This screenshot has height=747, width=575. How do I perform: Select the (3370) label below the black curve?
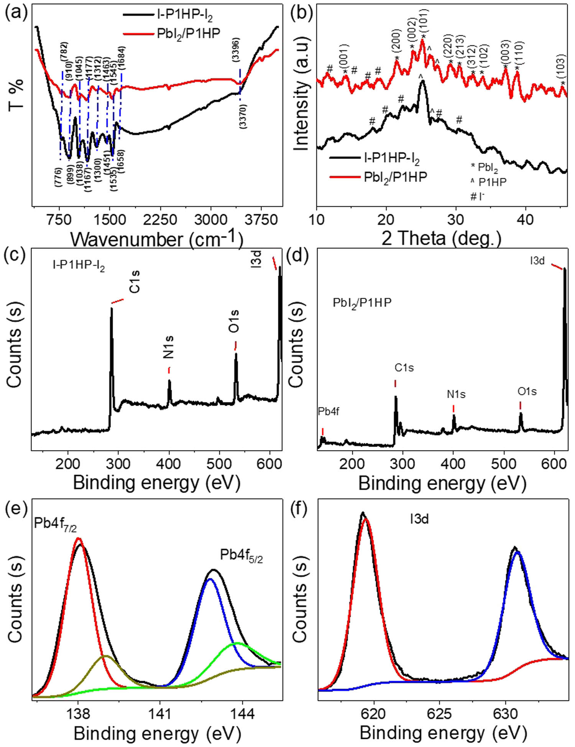click(x=243, y=116)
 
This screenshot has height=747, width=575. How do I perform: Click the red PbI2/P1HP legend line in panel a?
click(x=138, y=34)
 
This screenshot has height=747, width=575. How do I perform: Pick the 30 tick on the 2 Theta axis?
click(x=456, y=221)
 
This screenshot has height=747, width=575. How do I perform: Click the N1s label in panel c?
click(x=168, y=347)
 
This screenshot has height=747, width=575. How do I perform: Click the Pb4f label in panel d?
click(x=329, y=411)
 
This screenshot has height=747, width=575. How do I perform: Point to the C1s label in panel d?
click(x=404, y=368)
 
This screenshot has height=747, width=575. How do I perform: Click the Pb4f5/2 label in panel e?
click(x=241, y=555)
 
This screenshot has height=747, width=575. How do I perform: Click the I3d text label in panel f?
click(x=419, y=519)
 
